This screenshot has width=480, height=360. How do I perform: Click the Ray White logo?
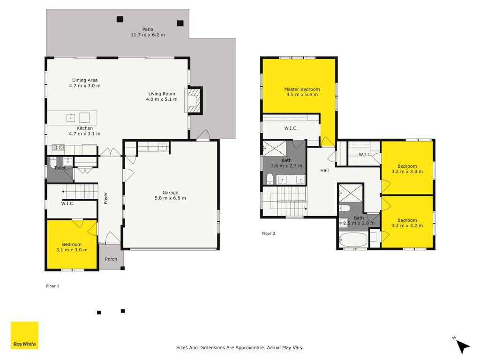pos(24,335)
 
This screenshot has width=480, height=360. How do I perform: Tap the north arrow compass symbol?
pos(462,345)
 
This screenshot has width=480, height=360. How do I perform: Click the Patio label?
pos(148,30)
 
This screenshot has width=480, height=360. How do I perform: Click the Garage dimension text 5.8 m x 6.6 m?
pos(170,198)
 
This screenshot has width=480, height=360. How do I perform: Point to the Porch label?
pos(111,259)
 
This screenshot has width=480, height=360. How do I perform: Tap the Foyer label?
pos(106,198)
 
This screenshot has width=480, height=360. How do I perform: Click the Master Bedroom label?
pos(302,89)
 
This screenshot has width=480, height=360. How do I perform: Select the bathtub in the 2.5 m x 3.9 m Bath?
pos(353,240)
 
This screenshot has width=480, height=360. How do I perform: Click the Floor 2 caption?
pos(269,233)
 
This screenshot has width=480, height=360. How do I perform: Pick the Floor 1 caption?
pos(52,286)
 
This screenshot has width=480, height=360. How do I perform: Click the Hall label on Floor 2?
pos(324,170)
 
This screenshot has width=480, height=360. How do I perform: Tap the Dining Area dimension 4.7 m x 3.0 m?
pos(85,86)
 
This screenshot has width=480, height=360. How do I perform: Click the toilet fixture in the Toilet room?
pos(53,163)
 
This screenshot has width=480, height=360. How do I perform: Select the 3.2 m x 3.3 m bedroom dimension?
pos(407,172)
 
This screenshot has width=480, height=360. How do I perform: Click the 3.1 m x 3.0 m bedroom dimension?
pos(72,250)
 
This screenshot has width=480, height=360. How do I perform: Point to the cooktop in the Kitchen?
pos(58,148)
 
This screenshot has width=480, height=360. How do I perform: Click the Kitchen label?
pos(85,128)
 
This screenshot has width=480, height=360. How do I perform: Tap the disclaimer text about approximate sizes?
pos(240,347)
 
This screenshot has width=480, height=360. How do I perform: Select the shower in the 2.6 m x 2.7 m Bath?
pos(275,149)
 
